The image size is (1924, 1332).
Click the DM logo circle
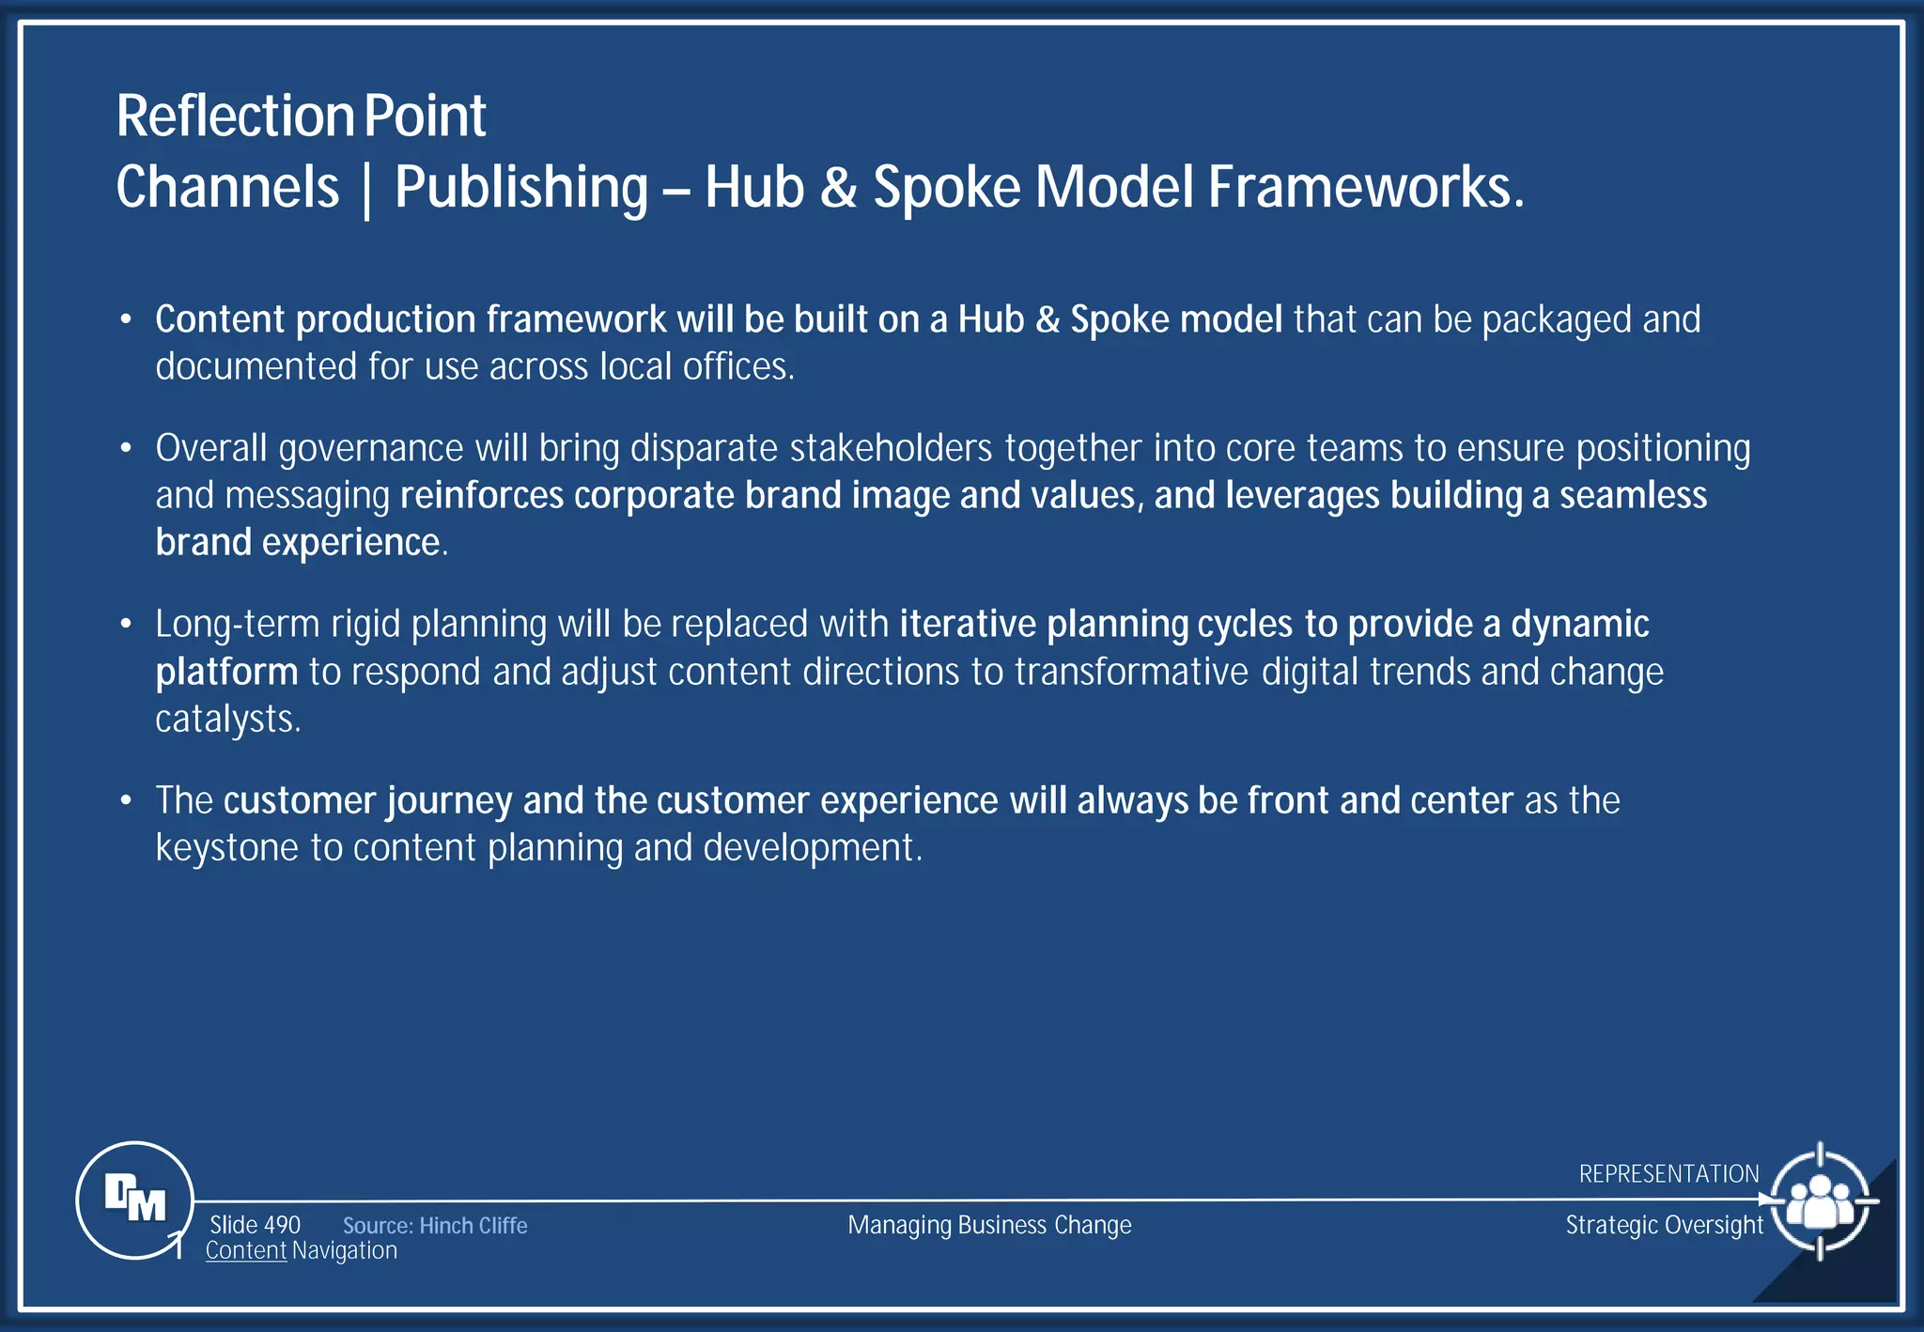pyautogui.click(x=134, y=1200)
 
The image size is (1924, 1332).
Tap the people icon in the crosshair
pyautogui.click(x=1820, y=1201)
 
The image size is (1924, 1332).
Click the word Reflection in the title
pyautogui.click(x=234, y=116)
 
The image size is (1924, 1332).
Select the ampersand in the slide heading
pyautogui.click(x=838, y=187)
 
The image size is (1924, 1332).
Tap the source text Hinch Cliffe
pyautogui.click(x=473, y=1226)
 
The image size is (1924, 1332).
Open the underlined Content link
pyautogui.click(x=246, y=1250)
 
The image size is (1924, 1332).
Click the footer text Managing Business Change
pyautogui.click(x=989, y=1225)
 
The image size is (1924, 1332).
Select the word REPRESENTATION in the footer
pyautogui.click(x=1668, y=1174)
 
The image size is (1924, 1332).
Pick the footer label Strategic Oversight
pyautogui.click(x=1664, y=1225)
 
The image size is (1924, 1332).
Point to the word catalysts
pyautogui.click(x=227, y=720)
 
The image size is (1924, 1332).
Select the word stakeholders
pyautogui.click(x=891, y=448)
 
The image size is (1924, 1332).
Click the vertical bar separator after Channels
pyautogui.click(x=366, y=189)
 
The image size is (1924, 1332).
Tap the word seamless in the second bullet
pyautogui.click(x=1633, y=495)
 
